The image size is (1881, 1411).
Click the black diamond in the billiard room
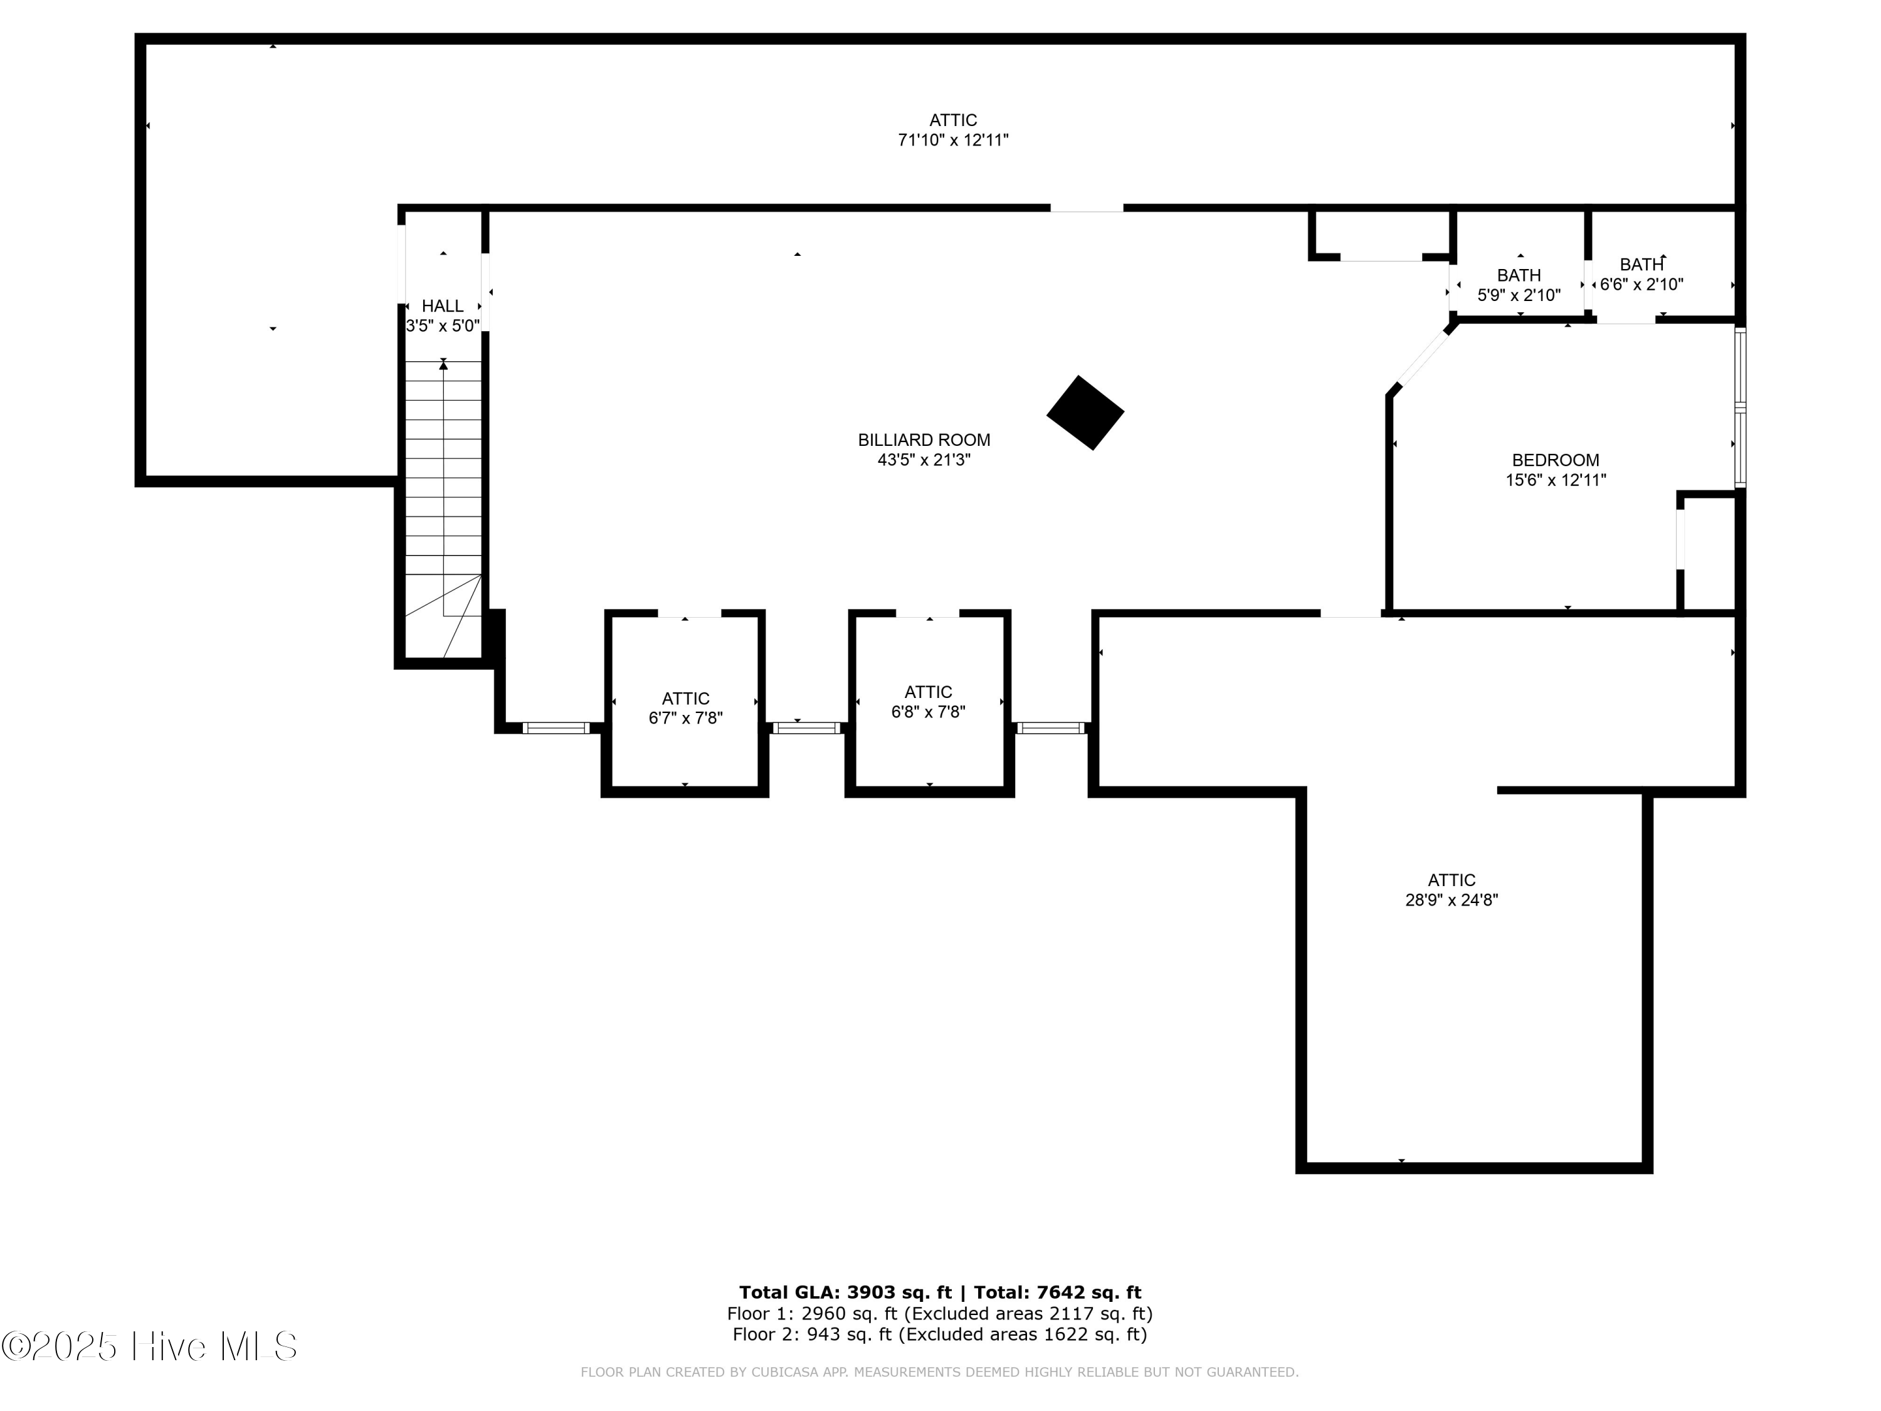(x=1085, y=413)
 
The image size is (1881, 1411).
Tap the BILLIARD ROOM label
(x=924, y=440)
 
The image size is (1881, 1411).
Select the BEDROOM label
(x=1556, y=460)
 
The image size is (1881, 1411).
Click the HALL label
(x=443, y=305)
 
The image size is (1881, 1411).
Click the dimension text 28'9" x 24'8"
(x=1452, y=900)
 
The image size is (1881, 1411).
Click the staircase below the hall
(x=443, y=509)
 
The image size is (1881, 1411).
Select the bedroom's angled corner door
(x=1425, y=357)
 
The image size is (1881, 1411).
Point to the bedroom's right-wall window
(x=1740, y=408)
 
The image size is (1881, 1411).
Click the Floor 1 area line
(x=940, y=1314)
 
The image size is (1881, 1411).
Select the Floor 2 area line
(x=940, y=1334)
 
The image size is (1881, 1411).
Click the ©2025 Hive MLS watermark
(x=150, y=1346)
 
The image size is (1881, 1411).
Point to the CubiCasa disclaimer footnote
(x=940, y=1372)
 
